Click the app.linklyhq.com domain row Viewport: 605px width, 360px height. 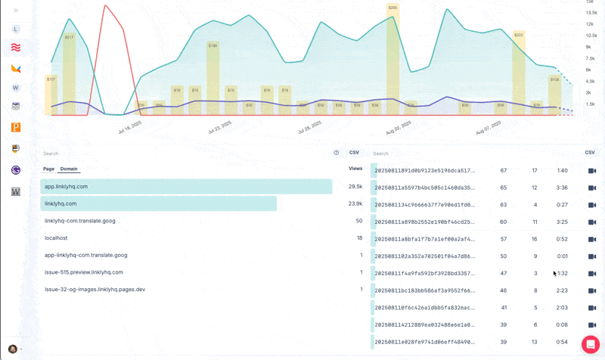pos(67,186)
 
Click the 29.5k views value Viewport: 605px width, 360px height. pos(355,186)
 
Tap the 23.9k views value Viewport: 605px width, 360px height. pos(355,203)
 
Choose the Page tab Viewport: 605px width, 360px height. pos(48,169)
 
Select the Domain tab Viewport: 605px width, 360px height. pos(69,169)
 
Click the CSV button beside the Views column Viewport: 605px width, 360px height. pos(354,153)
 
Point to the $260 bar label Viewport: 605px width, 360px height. pos(392,8)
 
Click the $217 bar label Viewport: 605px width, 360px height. pos(69,37)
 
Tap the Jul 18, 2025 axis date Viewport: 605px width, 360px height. pos(129,126)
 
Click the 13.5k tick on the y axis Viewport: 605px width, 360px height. pos(591,13)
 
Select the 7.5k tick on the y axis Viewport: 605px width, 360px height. pos(591,58)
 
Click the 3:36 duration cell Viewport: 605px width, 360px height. pos(562,188)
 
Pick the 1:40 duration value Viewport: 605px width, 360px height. pos(562,171)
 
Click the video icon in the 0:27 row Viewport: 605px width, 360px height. pos(592,205)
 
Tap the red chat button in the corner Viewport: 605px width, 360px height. pos(591,344)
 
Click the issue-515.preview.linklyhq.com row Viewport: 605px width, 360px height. pos(84,272)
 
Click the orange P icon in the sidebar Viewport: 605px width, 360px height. pos(16,128)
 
